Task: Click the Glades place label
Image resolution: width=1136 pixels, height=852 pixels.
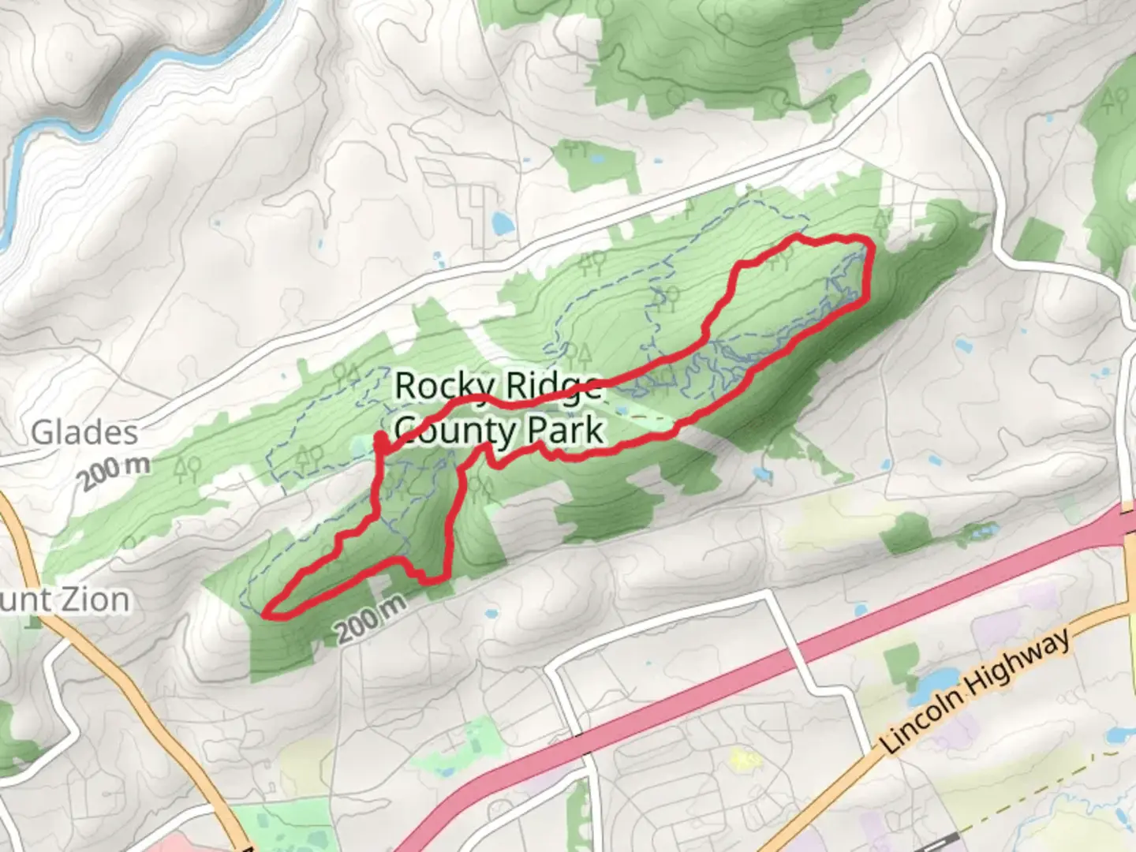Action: coord(84,432)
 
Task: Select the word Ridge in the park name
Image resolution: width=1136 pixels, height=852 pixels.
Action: coord(552,387)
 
